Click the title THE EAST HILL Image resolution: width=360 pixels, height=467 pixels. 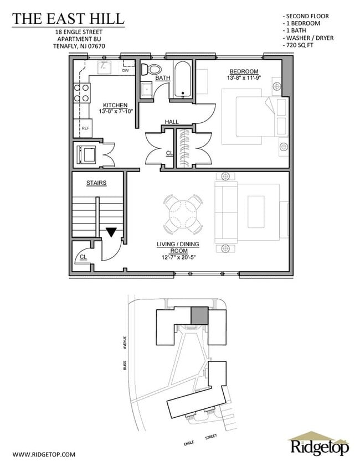click(x=69, y=18)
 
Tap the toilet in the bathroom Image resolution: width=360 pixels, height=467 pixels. click(x=150, y=70)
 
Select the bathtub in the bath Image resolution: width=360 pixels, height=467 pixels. click(x=182, y=81)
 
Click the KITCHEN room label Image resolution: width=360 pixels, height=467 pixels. click(x=115, y=105)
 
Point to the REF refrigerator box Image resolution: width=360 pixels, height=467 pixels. click(x=86, y=128)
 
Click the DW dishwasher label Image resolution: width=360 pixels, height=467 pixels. click(x=125, y=70)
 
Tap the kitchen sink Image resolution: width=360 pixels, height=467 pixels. click(x=104, y=68)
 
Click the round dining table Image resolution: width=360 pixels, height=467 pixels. click(x=183, y=213)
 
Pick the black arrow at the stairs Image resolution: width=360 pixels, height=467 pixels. click(x=112, y=232)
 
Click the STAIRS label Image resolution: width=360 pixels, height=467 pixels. click(x=96, y=183)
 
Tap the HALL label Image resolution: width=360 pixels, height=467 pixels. click(x=171, y=122)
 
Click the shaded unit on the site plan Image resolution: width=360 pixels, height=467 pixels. click(x=199, y=316)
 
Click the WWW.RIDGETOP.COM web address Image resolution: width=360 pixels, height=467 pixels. click(x=44, y=454)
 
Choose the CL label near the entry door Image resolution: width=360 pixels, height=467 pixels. click(x=83, y=257)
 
